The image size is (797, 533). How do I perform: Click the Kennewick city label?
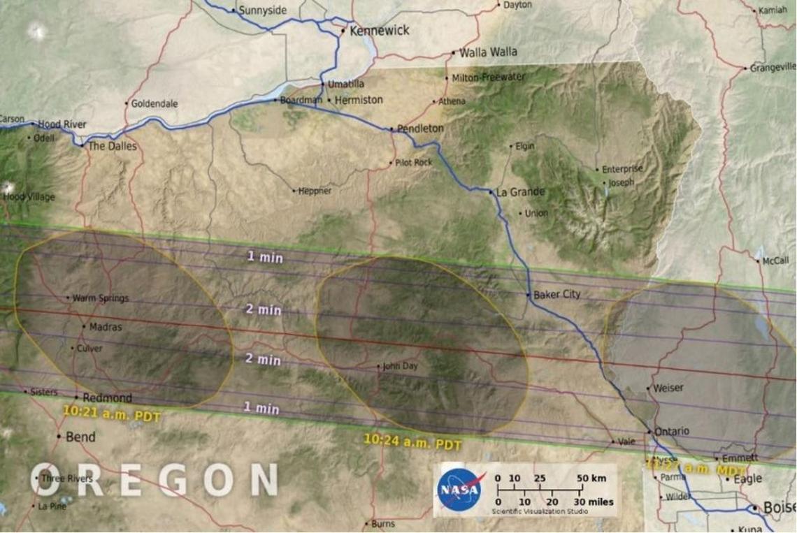coord(380,31)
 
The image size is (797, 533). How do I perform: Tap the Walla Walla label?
coord(488,52)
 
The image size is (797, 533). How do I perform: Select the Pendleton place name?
coord(420,129)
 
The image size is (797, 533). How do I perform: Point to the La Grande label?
coord(520,192)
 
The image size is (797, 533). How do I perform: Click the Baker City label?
coord(557,295)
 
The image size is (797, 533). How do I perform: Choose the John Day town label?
coord(400,366)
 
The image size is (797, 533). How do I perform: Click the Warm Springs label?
coord(101,298)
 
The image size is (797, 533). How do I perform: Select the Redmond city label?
coord(107,398)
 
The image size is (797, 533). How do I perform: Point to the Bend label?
coord(80,437)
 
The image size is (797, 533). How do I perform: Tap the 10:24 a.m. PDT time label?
coord(412,441)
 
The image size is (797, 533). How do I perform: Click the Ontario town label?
coord(672,431)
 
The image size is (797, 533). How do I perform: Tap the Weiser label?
coord(667,388)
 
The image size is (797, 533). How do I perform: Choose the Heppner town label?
coord(315,191)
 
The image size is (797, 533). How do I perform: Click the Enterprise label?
coord(623,169)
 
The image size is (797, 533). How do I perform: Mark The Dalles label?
coord(113,147)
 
